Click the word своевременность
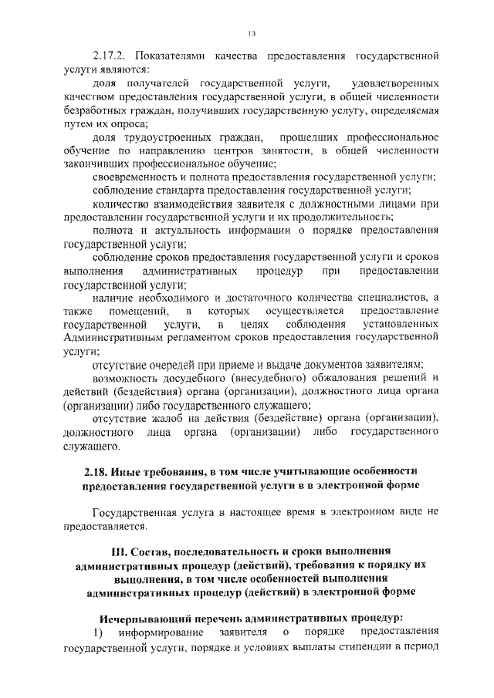pyautogui.click(x=134, y=177)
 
